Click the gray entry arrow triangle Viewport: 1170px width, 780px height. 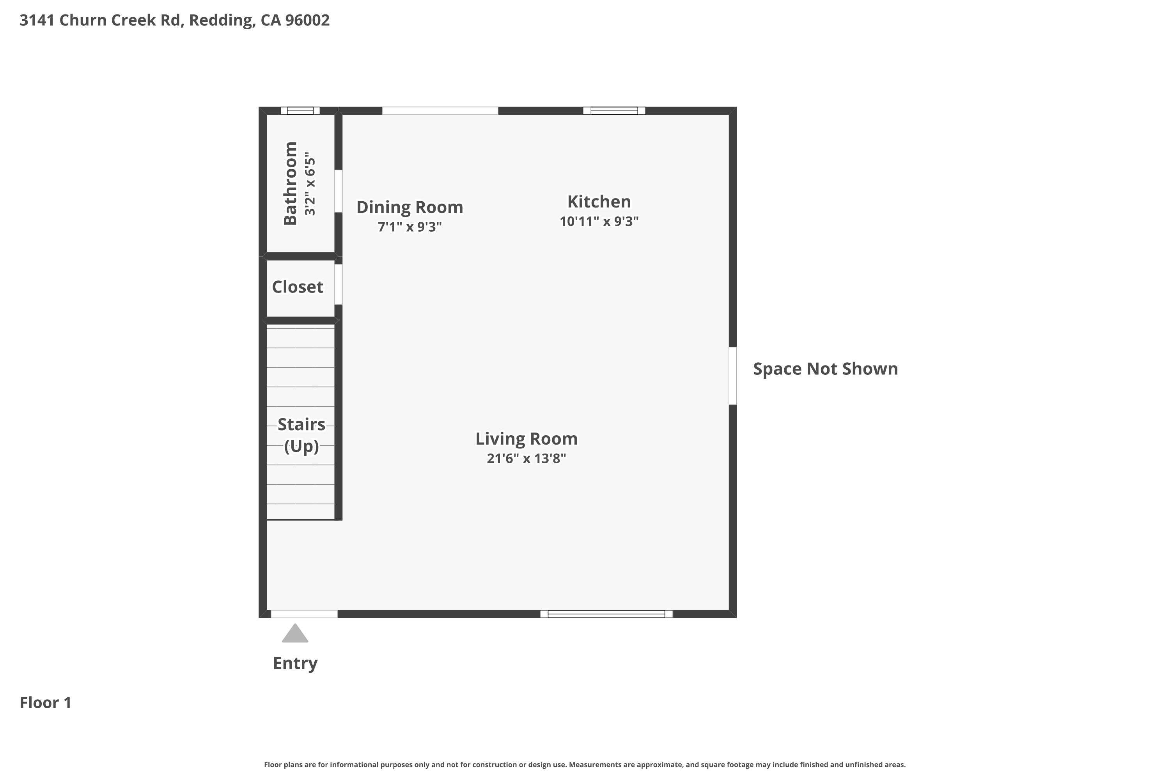(x=295, y=634)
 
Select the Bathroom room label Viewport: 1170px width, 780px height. (x=290, y=184)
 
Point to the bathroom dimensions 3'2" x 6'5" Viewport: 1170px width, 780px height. (x=310, y=184)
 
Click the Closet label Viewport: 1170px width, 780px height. (x=298, y=287)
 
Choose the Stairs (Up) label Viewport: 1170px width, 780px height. (x=301, y=435)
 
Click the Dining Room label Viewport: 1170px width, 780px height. (x=409, y=207)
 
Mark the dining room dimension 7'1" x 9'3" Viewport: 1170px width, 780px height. (x=409, y=227)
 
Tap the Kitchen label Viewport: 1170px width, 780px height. (x=599, y=202)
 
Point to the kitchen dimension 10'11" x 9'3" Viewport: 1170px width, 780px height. (x=599, y=222)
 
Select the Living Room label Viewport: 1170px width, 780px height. (x=526, y=439)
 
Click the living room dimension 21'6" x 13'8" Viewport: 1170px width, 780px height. (x=526, y=458)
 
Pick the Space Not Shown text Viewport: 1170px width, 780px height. (x=825, y=369)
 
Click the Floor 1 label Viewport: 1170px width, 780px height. (x=45, y=702)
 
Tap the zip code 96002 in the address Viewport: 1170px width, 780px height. (x=307, y=20)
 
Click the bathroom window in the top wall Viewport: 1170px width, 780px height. (x=300, y=110)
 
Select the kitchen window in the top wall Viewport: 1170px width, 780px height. (x=614, y=110)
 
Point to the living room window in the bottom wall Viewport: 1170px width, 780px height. (x=606, y=614)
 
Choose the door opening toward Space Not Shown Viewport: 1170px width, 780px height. (x=732, y=376)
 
